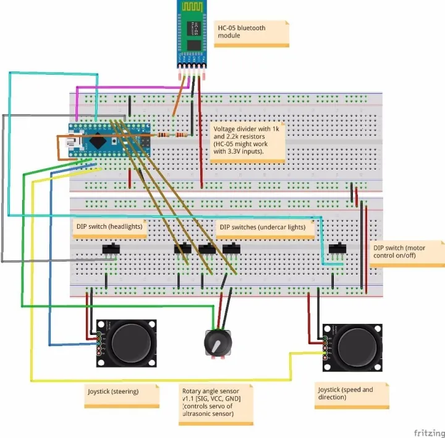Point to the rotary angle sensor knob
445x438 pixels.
pos(215,343)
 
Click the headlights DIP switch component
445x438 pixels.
pos(111,249)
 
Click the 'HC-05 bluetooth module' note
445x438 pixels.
pos(252,33)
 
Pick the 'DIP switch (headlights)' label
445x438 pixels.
pos(109,226)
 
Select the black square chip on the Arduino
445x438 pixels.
pos(97,141)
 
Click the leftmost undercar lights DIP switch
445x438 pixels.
pos(182,249)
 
